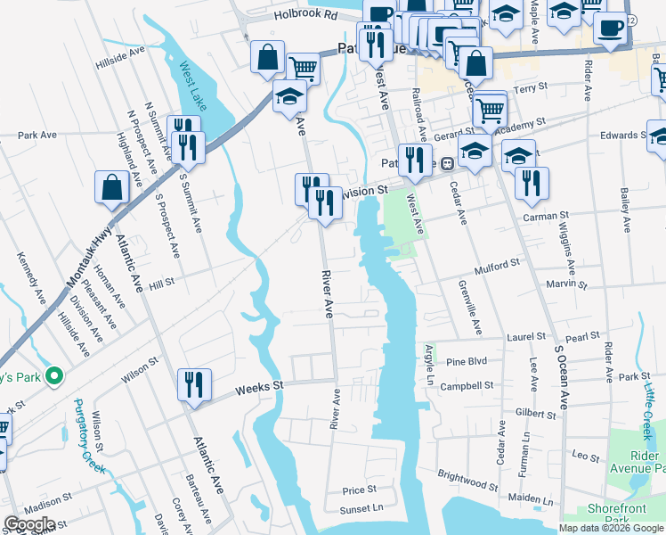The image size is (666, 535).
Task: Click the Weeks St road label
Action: click(x=258, y=387)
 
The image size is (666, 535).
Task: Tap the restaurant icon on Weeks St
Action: click(x=194, y=385)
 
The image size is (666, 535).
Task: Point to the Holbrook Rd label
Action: click(x=305, y=15)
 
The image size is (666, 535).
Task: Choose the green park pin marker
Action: click(x=53, y=376)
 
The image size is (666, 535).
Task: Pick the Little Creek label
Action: click(x=649, y=406)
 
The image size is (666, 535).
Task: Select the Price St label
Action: click(x=360, y=490)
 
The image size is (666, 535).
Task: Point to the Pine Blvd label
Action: click(x=467, y=362)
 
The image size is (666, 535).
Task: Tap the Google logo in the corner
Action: click(x=29, y=524)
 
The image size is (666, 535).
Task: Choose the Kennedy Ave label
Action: click(x=29, y=276)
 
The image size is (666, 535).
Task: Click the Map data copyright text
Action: click(x=611, y=528)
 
